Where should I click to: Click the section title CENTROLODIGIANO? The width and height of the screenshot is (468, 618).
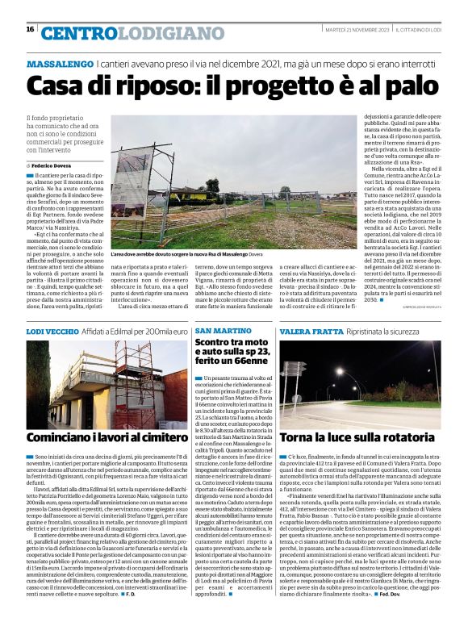click(122, 33)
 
